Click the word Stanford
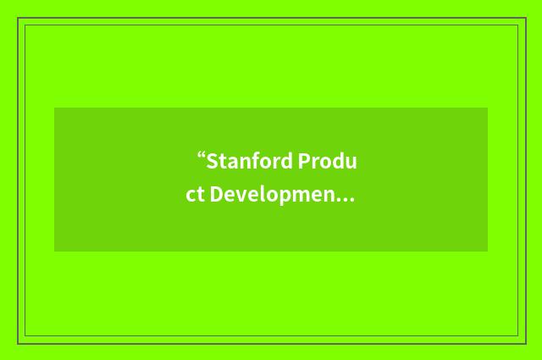point(249,161)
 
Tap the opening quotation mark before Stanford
point(202,158)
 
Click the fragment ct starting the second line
point(196,195)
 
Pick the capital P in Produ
point(303,161)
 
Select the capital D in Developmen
point(217,195)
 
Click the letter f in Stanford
point(256,160)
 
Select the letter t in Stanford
point(221,161)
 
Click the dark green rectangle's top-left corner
point(55,108)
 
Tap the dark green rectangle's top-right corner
point(487,108)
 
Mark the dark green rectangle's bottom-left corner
point(55,251)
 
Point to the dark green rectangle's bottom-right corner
point(487,251)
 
